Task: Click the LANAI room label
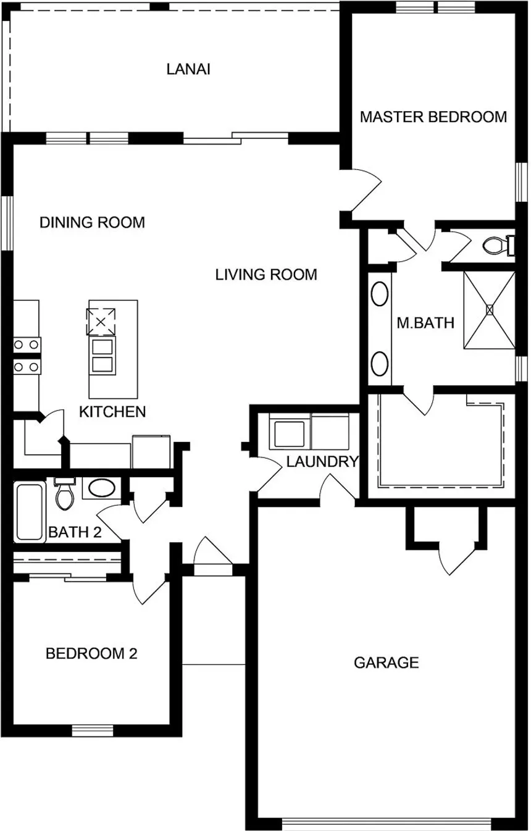click(x=188, y=69)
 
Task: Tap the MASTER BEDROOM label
click(x=433, y=117)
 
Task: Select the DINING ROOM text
click(x=92, y=222)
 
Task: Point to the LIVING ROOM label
click(x=266, y=274)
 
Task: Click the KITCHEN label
click(x=112, y=412)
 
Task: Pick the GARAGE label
click(x=386, y=663)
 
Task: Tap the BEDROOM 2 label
click(x=91, y=653)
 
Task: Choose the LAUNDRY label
click(x=322, y=461)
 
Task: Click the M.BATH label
click(x=425, y=322)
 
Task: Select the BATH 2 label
click(x=74, y=532)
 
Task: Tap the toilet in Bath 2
click(x=64, y=495)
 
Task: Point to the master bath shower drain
click(x=490, y=310)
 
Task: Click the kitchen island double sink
click(x=102, y=356)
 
